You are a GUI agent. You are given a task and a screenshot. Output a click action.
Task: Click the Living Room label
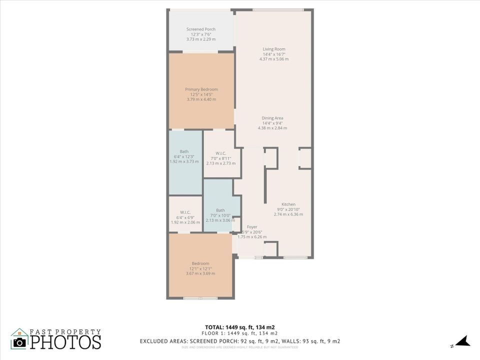(x=274, y=49)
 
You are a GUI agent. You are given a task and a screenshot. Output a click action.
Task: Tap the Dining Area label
(x=272, y=118)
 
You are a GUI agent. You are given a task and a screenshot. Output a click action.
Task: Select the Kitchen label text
(x=288, y=204)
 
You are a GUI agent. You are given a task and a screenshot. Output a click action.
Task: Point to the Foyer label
(x=252, y=227)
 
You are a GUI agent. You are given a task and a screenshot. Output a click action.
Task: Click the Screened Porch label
(x=201, y=29)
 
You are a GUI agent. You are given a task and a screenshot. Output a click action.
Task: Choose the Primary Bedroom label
(x=201, y=89)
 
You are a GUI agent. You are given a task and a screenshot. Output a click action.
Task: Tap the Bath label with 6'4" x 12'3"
(x=184, y=151)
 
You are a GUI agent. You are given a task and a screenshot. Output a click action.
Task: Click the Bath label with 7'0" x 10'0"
(x=220, y=210)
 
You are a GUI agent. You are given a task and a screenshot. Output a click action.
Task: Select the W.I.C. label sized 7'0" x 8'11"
(x=221, y=153)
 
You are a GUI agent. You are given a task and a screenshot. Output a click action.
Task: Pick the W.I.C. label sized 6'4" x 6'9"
(x=185, y=212)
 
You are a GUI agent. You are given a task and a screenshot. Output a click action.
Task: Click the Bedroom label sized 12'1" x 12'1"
(x=200, y=263)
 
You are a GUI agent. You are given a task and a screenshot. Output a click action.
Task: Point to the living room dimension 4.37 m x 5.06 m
(x=274, y=59)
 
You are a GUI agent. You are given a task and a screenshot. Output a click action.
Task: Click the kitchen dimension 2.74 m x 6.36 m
(x=288, y=214)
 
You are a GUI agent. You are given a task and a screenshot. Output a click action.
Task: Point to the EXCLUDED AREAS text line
(x=240, y=341)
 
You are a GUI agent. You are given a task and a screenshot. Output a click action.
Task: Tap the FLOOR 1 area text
(x=239, y=333)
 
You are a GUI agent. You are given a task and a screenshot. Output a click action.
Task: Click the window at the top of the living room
(x=277, y=10)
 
